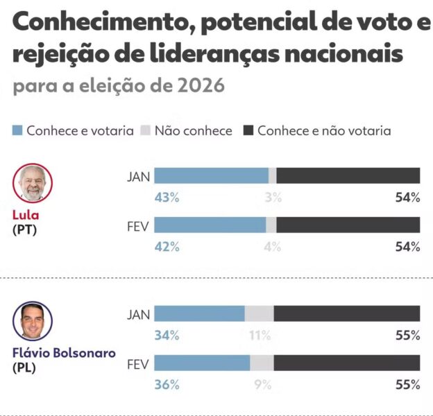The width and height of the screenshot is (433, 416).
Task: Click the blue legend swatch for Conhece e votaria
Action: (18, 130)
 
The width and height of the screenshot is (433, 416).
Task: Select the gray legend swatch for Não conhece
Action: (146, 130)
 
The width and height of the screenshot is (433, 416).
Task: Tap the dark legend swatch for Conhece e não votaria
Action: (248, 130)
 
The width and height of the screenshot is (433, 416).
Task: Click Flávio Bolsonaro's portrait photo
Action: (33, 320)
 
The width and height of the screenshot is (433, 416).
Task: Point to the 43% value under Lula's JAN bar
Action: (167, 198)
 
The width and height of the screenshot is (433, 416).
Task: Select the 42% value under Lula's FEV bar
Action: (167, 247)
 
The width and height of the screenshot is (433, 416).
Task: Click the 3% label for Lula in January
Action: (273, 198)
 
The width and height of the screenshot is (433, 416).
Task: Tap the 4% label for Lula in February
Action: (273, 247)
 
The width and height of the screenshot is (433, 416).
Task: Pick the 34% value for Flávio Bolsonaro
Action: (167, 336)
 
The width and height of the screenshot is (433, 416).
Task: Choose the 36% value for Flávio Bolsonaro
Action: (167, 385)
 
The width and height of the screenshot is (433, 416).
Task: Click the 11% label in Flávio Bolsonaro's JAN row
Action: (260, 336)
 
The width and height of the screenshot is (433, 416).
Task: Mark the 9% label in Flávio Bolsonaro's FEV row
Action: (262, 385)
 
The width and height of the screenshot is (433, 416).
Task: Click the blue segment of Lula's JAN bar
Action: (211, 175)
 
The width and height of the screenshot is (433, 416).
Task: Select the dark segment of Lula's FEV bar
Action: (348, 225)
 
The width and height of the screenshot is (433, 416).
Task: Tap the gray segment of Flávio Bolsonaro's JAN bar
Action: (259, 313)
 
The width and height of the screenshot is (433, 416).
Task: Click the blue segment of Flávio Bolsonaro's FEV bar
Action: (202, 363)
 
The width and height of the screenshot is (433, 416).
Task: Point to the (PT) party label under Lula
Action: (24, 230)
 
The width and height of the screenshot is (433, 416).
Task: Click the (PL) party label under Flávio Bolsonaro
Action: (24, 368)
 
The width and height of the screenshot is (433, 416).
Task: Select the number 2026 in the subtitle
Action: (201, 87)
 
